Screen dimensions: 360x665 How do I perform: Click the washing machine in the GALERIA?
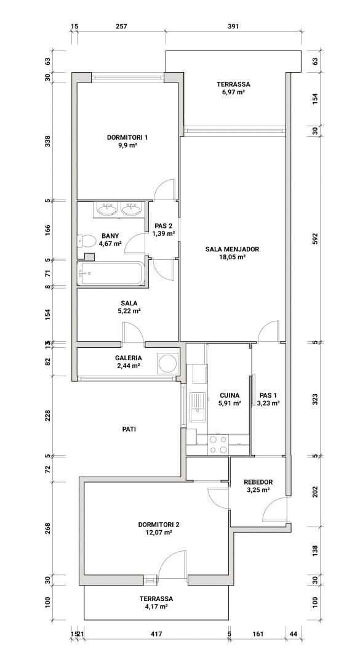click(166, 363)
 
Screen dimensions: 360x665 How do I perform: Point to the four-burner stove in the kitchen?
click(218, 445)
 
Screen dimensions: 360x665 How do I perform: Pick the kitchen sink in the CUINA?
click(198, 407)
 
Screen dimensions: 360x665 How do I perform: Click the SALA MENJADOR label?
click(232, 249)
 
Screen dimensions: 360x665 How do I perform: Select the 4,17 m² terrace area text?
click(156, 607)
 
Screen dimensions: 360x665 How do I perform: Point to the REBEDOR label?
click(258, 482)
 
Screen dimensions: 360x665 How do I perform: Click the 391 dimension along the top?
click(234, 26)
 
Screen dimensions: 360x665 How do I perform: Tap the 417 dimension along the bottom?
click(156, 634)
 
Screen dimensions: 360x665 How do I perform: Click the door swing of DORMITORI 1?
click(164, 189)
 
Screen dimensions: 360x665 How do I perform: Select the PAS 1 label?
click(268, 396)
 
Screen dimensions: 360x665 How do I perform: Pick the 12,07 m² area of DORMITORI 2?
click(156, 532)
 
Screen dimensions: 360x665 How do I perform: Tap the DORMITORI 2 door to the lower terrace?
click(172, 563)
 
